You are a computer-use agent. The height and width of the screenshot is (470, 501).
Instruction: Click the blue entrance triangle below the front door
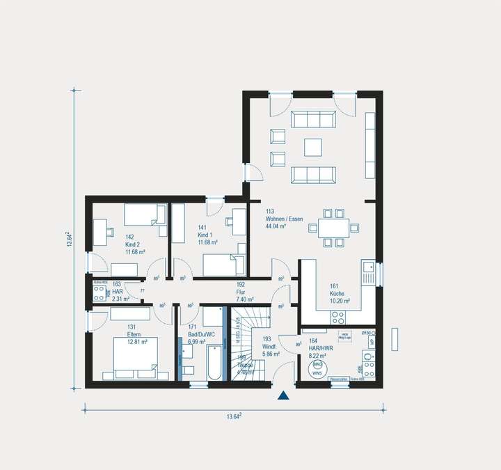(x=283, y=396)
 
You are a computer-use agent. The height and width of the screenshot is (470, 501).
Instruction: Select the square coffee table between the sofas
(x=313, y=147)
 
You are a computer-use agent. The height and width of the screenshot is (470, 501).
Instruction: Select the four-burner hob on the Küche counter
(x=338, y=317)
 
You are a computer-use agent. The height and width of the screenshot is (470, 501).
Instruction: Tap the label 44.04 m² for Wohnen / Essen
(x=278, y=227)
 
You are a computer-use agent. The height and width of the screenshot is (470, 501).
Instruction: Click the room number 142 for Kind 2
(x=129, y=237)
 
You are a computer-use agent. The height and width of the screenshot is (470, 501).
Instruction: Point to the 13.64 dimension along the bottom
(x=233, y=416)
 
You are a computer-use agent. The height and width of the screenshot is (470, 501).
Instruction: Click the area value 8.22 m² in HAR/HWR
(x=318, y=354)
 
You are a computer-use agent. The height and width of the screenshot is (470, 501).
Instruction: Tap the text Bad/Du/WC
(x=200, y=334)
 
